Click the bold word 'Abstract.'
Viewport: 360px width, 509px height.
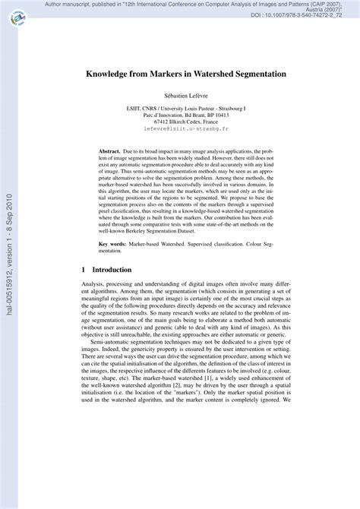(112, 152)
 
